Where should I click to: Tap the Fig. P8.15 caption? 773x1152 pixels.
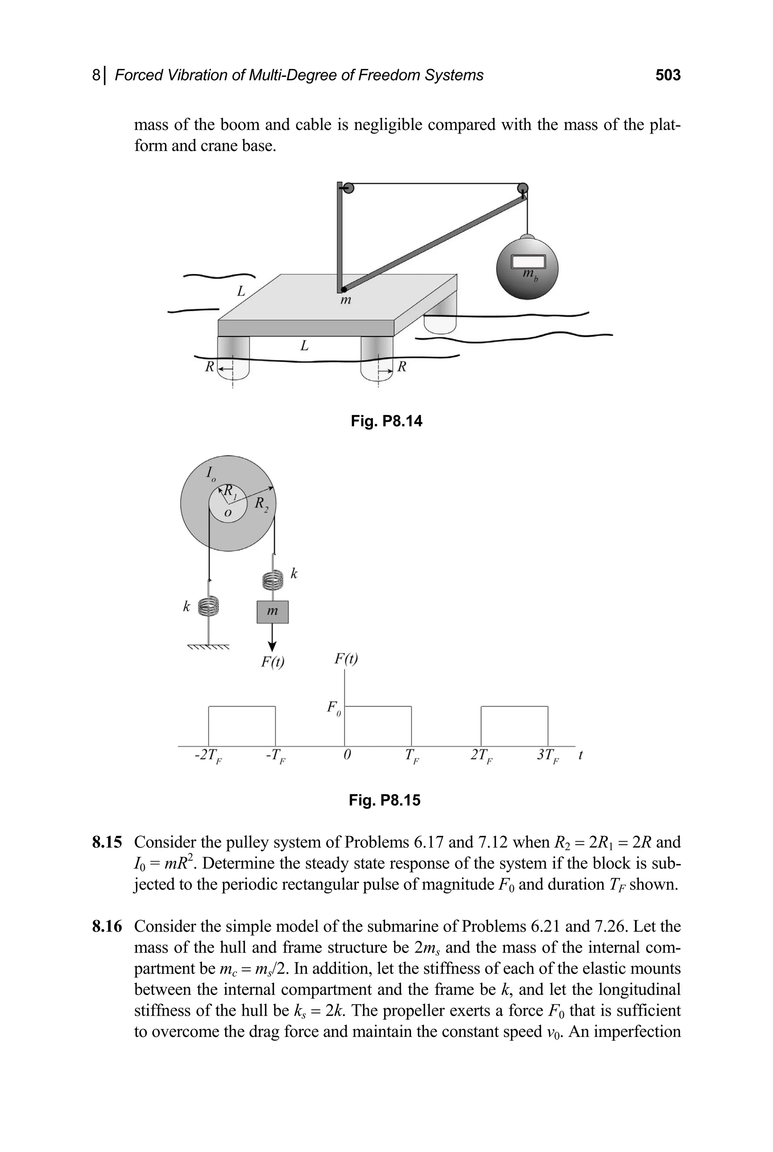[x=385, y=800]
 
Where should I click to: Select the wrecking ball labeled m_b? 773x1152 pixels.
[x=527, y=269]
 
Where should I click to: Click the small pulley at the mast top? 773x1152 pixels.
[x=348, y=188]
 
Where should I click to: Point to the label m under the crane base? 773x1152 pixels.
[x=346, y=300]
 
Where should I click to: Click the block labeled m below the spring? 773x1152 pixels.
[x=272, y=612]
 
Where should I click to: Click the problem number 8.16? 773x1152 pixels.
[x=106, y=927]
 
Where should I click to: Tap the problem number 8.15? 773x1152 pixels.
[x=106, y=842]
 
